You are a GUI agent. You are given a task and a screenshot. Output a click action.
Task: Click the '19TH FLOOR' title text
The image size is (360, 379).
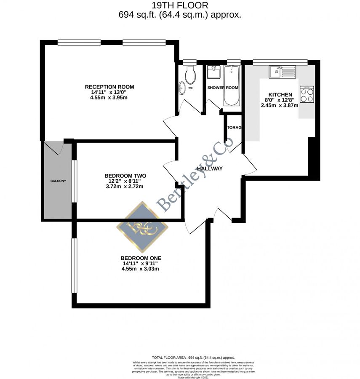click(180, 5)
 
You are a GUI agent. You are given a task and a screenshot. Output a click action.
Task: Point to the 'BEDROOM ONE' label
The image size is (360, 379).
click(141, 258)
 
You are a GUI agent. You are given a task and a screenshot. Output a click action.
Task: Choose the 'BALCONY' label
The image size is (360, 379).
click(58, 181)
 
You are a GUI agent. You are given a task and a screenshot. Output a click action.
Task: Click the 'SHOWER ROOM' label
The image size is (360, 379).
click(223, 88)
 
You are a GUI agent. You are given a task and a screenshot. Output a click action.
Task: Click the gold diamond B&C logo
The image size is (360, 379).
click(142, 227)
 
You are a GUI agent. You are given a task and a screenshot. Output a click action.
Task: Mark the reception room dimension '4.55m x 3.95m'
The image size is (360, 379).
click(109, 98)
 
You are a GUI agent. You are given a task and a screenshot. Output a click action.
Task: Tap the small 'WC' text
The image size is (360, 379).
click(190, 88)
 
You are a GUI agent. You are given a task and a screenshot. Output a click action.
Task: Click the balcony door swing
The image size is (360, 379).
click(55, 148)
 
